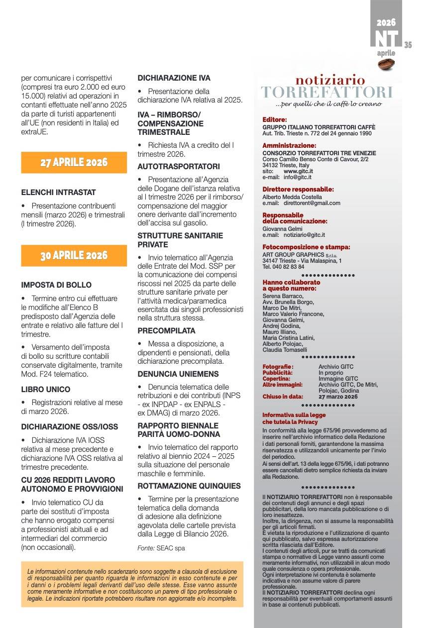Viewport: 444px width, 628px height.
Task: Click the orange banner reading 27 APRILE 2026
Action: pos(74,162)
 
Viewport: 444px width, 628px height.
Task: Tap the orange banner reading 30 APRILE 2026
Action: pos(74,255)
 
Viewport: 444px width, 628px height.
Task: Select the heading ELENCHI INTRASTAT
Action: pos(58,192)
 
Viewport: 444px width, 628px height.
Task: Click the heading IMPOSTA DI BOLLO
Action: pos(56,285)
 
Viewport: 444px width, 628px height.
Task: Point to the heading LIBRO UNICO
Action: pos(46,389)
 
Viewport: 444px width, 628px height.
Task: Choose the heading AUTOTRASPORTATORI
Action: pos(179,166)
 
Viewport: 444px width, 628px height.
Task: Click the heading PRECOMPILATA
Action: pos(166,330)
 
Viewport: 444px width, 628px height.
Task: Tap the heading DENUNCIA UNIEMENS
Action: pos(178,374)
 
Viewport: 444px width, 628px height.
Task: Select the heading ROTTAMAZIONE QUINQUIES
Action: pos(189,486)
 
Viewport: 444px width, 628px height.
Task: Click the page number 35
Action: pos(408,45)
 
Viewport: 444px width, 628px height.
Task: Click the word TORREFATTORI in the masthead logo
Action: pos(327,93)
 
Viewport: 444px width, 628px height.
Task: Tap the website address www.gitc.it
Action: pos(298,171)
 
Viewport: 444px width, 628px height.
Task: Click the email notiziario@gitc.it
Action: pos(304,235)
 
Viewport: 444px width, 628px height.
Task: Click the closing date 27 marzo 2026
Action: pos(338,397)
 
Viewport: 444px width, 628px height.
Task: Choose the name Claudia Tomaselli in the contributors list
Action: pos(285,350)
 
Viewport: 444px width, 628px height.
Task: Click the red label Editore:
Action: pos(275,119)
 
